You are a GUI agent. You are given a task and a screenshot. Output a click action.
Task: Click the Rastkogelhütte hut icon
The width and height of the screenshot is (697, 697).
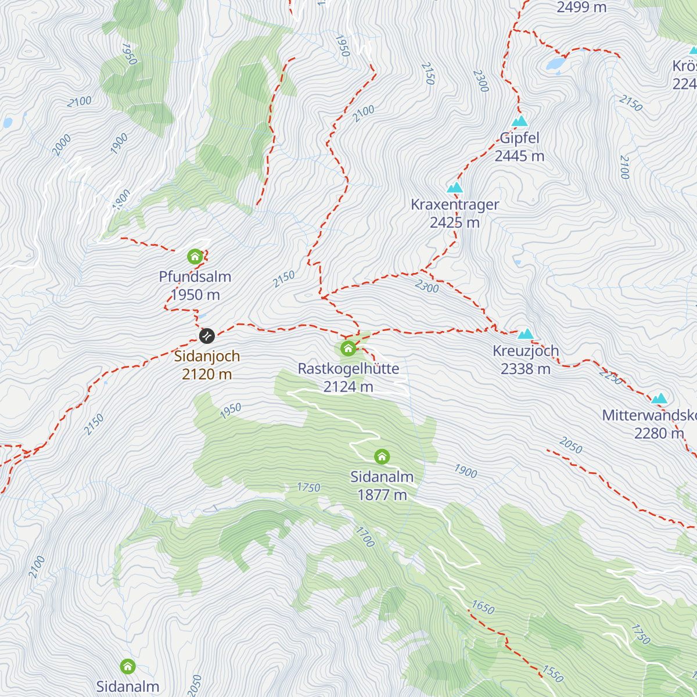[348, 348]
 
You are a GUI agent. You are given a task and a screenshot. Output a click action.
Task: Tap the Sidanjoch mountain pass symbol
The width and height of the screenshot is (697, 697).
[207, 336]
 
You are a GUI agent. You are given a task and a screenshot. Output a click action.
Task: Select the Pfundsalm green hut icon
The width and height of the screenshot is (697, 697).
[195, 256]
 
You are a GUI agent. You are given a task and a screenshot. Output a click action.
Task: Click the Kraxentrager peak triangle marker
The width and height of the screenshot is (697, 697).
[455, 188]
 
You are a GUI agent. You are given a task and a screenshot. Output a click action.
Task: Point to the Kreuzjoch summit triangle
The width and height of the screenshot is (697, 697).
[526, 333]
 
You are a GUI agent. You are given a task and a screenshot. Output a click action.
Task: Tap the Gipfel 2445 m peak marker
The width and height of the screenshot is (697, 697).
[520, 121]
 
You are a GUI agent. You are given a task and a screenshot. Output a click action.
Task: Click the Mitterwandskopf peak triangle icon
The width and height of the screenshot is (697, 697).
[659, 398]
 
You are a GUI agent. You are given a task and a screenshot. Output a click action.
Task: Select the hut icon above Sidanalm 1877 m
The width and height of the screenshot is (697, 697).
[382, 457]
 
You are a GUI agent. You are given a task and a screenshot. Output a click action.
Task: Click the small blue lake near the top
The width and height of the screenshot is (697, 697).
[555, 63]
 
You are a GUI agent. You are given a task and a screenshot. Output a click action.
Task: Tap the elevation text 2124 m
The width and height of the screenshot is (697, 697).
[348, 387]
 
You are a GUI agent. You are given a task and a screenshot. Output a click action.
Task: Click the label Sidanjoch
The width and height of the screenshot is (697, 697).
[207, 356]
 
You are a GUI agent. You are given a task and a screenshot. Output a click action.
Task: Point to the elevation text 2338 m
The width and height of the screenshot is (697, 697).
[525, 369]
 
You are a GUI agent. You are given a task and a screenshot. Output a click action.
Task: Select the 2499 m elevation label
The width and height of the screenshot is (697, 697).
[581, 8]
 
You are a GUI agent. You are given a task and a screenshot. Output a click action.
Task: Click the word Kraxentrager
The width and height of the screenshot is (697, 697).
[455, 204]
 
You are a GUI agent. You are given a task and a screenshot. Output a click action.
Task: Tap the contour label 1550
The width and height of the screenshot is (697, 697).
[552, 674]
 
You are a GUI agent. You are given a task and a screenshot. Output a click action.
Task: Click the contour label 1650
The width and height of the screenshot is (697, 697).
[483, 608]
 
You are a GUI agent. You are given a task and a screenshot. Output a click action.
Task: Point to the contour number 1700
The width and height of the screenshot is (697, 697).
[365, 536]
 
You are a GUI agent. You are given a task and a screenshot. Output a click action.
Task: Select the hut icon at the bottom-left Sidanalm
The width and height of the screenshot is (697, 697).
[128, 666]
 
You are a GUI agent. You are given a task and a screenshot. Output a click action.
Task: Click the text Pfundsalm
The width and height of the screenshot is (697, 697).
[195, 276]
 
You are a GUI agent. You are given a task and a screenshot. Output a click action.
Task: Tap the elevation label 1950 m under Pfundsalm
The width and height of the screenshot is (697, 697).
[195, 295]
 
